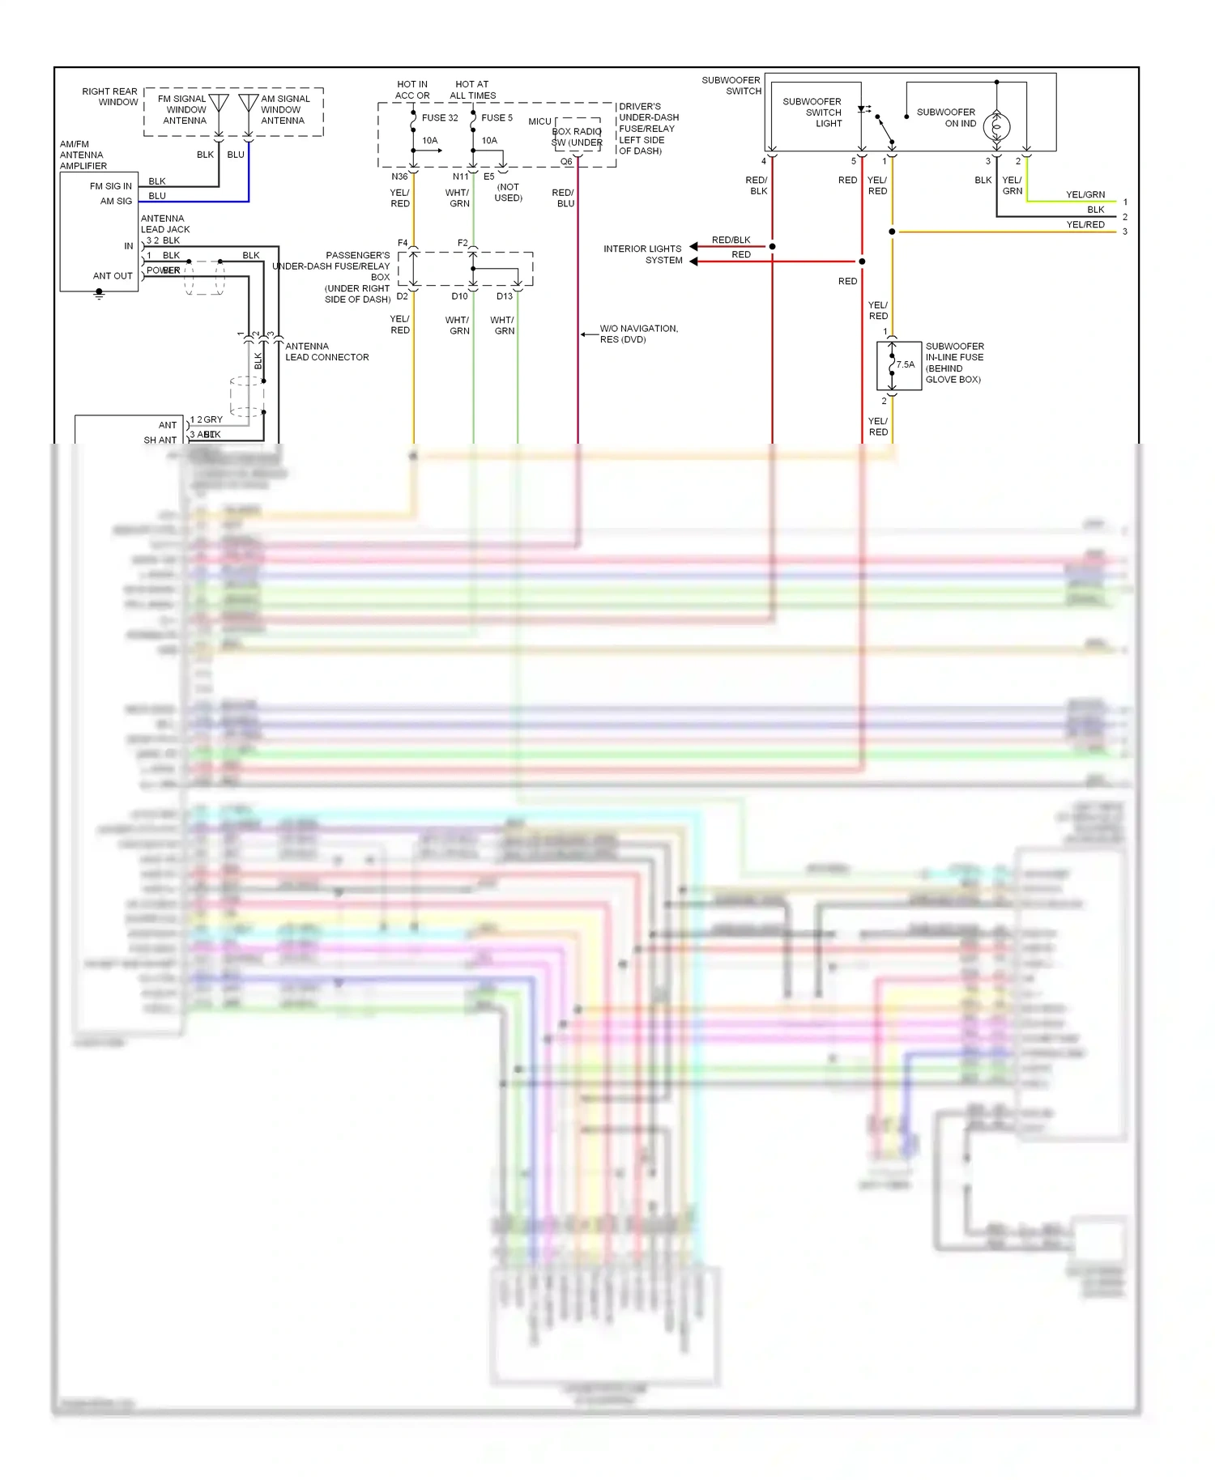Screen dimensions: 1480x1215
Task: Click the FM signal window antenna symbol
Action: [219, 104]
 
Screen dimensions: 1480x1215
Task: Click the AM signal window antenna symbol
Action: [249, 104]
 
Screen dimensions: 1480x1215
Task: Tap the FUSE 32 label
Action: [440, 118]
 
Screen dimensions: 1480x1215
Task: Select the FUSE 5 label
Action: [497, 118]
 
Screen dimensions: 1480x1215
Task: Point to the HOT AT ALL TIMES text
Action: [472, 90]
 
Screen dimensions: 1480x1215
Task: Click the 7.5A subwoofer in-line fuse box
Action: [899, 366]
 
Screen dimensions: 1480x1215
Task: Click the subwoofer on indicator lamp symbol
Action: [996, 126]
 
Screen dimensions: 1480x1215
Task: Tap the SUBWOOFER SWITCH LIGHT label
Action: [812, 113]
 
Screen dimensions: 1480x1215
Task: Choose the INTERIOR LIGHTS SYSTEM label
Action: [643, 254]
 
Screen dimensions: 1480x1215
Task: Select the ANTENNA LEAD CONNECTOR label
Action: [326, 351]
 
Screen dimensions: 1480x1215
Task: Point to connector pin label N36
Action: [399, 176]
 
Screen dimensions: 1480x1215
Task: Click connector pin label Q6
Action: [566, 162]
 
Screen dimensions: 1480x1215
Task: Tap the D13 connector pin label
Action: [505, 296]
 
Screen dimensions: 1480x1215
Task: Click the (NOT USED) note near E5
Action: [508, 193]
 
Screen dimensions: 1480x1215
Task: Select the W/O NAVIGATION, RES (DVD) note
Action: [638, 334]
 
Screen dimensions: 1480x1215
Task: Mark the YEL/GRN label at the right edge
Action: [1085, 195]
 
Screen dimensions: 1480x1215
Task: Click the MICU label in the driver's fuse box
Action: [539, 121]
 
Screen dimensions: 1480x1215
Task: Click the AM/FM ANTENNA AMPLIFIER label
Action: [83, 155]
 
